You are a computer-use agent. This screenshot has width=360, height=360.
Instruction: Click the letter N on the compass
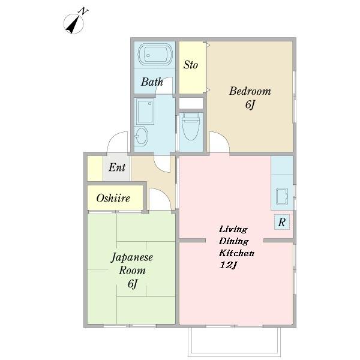point(83,11)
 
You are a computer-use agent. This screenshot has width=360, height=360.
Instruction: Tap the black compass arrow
point(73,25)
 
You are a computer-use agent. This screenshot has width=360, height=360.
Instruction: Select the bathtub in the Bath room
point(155,54)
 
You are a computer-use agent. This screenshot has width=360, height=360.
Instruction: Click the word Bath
point(152,82)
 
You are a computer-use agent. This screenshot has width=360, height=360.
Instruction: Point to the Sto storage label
point(191,65)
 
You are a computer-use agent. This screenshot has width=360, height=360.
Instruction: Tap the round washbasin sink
point(141,136)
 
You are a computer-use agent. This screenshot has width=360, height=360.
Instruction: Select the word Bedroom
point(250,91)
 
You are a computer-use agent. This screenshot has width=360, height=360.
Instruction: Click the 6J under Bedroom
point(250,105)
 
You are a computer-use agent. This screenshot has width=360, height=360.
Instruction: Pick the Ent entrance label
point(117,167)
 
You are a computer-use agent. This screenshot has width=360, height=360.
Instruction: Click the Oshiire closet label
point(113,198)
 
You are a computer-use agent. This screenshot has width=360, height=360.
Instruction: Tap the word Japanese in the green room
point(132,258)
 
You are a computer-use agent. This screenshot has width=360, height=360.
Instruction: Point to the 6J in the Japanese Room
point(133,284)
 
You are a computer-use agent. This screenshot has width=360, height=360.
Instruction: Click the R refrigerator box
point(282,222)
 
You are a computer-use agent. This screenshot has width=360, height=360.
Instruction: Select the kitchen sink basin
point(282,196)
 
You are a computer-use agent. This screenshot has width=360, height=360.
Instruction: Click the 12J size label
point(228,265)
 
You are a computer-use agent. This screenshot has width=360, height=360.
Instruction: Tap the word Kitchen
point(236,253)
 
